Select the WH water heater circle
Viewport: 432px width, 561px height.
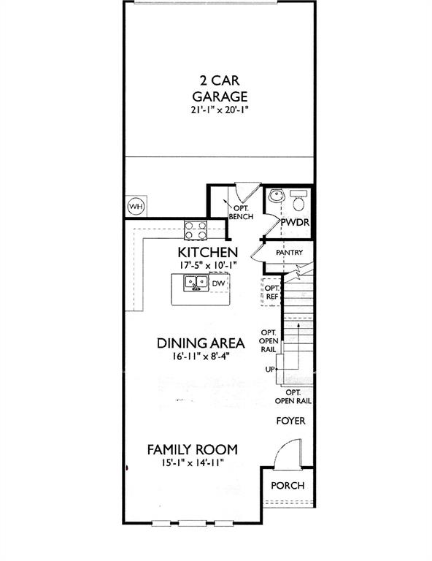(136, 206)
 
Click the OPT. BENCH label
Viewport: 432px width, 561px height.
(240, 212)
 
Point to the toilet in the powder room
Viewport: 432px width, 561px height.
(298, 199)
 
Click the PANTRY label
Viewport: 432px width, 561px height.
(289, 253)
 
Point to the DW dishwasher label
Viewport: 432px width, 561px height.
(218, 283)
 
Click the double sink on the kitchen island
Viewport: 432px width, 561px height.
(196, 283)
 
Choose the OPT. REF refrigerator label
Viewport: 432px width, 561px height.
(271, 291)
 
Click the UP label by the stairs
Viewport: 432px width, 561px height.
(270, 370)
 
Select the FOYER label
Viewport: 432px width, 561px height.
(290, 421)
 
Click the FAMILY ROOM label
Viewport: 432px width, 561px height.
(192, 449)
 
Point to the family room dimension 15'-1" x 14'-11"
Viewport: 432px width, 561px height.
(192, 462)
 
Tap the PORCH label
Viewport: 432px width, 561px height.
(288, 486)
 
